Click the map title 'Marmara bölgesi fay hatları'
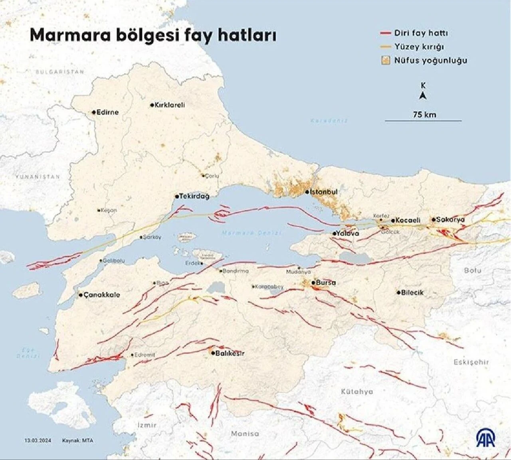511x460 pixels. (x=153, y=35)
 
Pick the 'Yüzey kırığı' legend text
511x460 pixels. (x=419, y=47)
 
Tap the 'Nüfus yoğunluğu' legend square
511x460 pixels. (x=385, y=61)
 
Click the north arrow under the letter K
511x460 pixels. (x=423, y=95)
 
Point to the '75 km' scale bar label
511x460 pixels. (x=424, y=115)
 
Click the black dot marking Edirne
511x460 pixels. (x=94, y=113)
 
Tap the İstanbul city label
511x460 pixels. (x=324, y=192)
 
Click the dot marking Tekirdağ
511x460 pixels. (x=176, y=196)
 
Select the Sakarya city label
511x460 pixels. (x=450, y=219)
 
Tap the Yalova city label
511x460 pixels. (x=347, y=233)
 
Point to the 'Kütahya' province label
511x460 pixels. (x=357, y=391)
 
